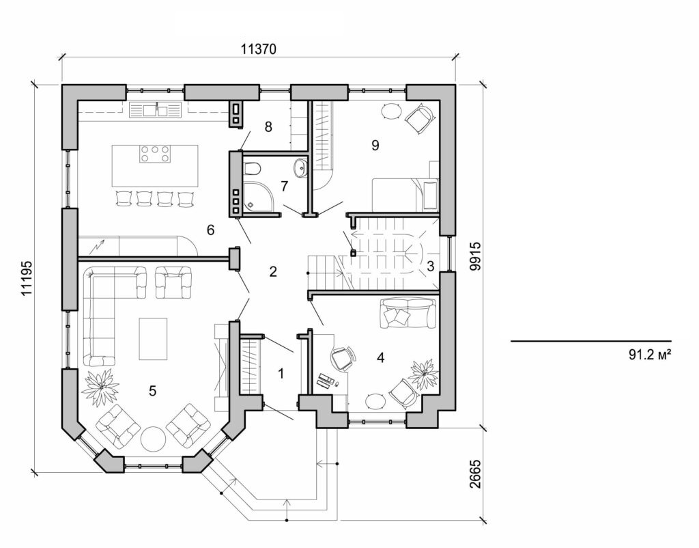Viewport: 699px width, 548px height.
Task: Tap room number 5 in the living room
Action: point(152,390)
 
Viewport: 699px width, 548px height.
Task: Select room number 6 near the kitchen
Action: point(211,230)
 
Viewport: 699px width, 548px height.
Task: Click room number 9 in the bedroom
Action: point(375,145)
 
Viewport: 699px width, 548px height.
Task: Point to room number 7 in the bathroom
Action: point(284,185)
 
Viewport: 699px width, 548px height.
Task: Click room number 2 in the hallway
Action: point(273,271)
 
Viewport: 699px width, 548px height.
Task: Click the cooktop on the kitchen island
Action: point(155,154)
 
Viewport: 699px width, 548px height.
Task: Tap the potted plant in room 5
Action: point(100,386)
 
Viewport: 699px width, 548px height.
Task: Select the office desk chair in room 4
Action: point(343,357)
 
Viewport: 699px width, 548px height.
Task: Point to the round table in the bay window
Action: point(153,438)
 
